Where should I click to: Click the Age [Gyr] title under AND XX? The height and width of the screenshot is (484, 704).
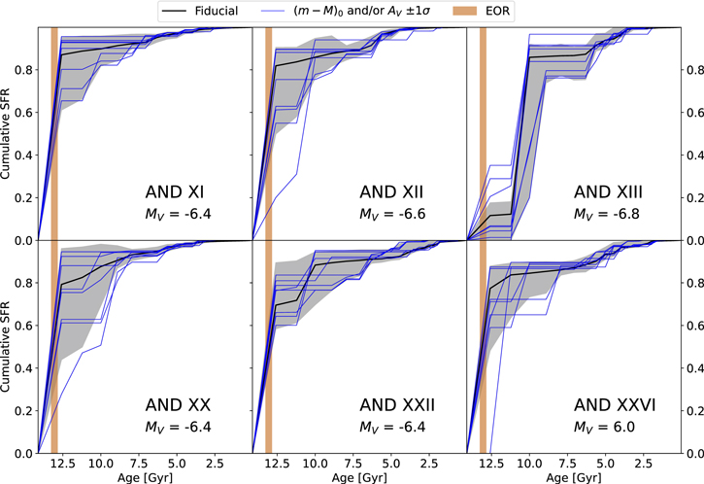click(x=145, y=476)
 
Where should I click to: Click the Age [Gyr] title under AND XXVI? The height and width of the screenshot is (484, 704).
click(x=573, y=476)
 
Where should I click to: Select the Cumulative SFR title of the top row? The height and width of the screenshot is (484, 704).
click(x=9, y=133)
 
